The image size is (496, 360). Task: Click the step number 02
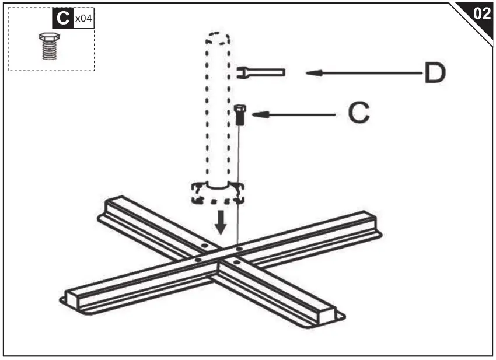point(482,14)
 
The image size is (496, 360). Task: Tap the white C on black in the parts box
point(62,19)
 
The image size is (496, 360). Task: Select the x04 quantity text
point(83,19)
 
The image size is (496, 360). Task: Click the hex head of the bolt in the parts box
point(49,37)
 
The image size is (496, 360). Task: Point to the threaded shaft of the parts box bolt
point(49,50)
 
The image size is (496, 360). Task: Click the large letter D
point(434,74)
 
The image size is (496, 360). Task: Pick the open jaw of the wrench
point(241,72)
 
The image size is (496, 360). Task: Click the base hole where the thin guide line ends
point(239,249)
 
